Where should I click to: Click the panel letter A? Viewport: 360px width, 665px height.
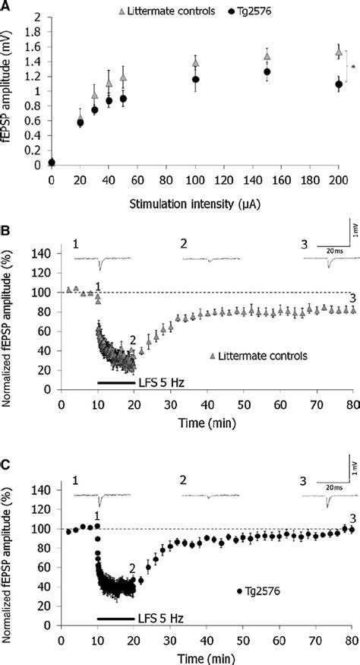pos(7,5)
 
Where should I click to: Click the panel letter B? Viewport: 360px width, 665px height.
pos(7,226)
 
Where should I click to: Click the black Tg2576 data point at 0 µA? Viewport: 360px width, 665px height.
pos(52,162)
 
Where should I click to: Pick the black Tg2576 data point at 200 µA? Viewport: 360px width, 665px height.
pos(339,84)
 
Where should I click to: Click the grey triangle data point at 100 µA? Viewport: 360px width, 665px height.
pos(195,62)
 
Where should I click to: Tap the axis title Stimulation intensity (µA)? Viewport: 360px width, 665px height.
pos(196,203)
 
